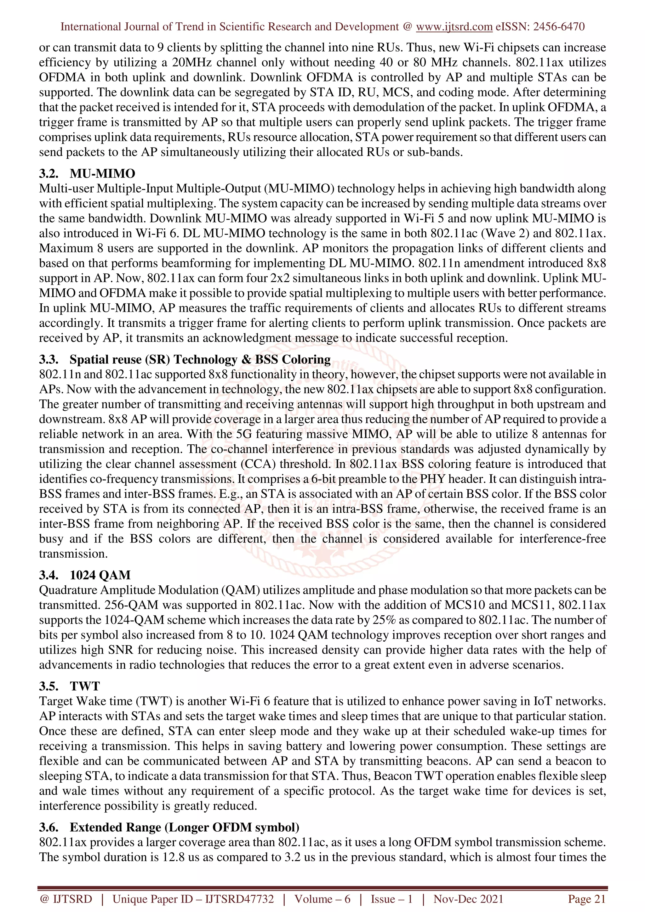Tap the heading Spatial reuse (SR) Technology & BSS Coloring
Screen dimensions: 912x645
(200, 359)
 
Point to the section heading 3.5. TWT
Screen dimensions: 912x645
(70, 686)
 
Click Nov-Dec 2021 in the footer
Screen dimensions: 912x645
(468, 899)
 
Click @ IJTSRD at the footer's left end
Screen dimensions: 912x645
(66, 899)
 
